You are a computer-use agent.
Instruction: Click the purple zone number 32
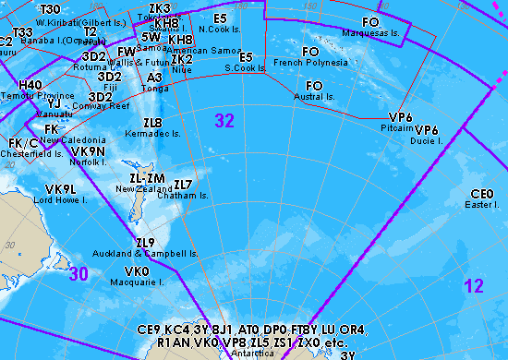pyautogui.click(x=224, y=120)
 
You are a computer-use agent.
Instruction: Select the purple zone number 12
pyautogui.click(x=474, y=287)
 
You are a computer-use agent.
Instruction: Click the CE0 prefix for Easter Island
pyautogui.click(x=482, y=194)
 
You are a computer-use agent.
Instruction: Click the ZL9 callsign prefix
pyautogui.click(x=145, y=243)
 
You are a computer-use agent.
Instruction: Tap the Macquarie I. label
pyautogui.click(x=137, y=282)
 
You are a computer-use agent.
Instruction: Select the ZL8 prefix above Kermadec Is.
pyautogui.click(x=152, y=123)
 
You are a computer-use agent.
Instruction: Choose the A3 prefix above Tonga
pyautogui.click(x=155, y=78)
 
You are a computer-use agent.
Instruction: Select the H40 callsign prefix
pyautogui.click(x=30, y=84)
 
